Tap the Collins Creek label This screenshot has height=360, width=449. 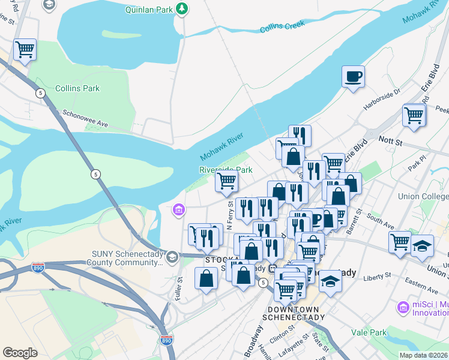pos(282,27)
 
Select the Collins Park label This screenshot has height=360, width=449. pos(77,88)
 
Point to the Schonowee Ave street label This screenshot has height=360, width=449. pos(84,119)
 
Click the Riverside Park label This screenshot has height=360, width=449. pos(226,170)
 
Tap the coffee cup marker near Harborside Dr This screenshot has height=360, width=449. pos(353,76)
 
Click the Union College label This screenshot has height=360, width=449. pos(423,196)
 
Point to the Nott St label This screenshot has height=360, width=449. pos(390,139)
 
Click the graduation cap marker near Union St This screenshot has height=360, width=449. pos(423,246)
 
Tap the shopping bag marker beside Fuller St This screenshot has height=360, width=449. pos(206,278)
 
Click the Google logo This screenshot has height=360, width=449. pos(20,352)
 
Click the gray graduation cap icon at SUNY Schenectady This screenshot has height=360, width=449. pos(172,257)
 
